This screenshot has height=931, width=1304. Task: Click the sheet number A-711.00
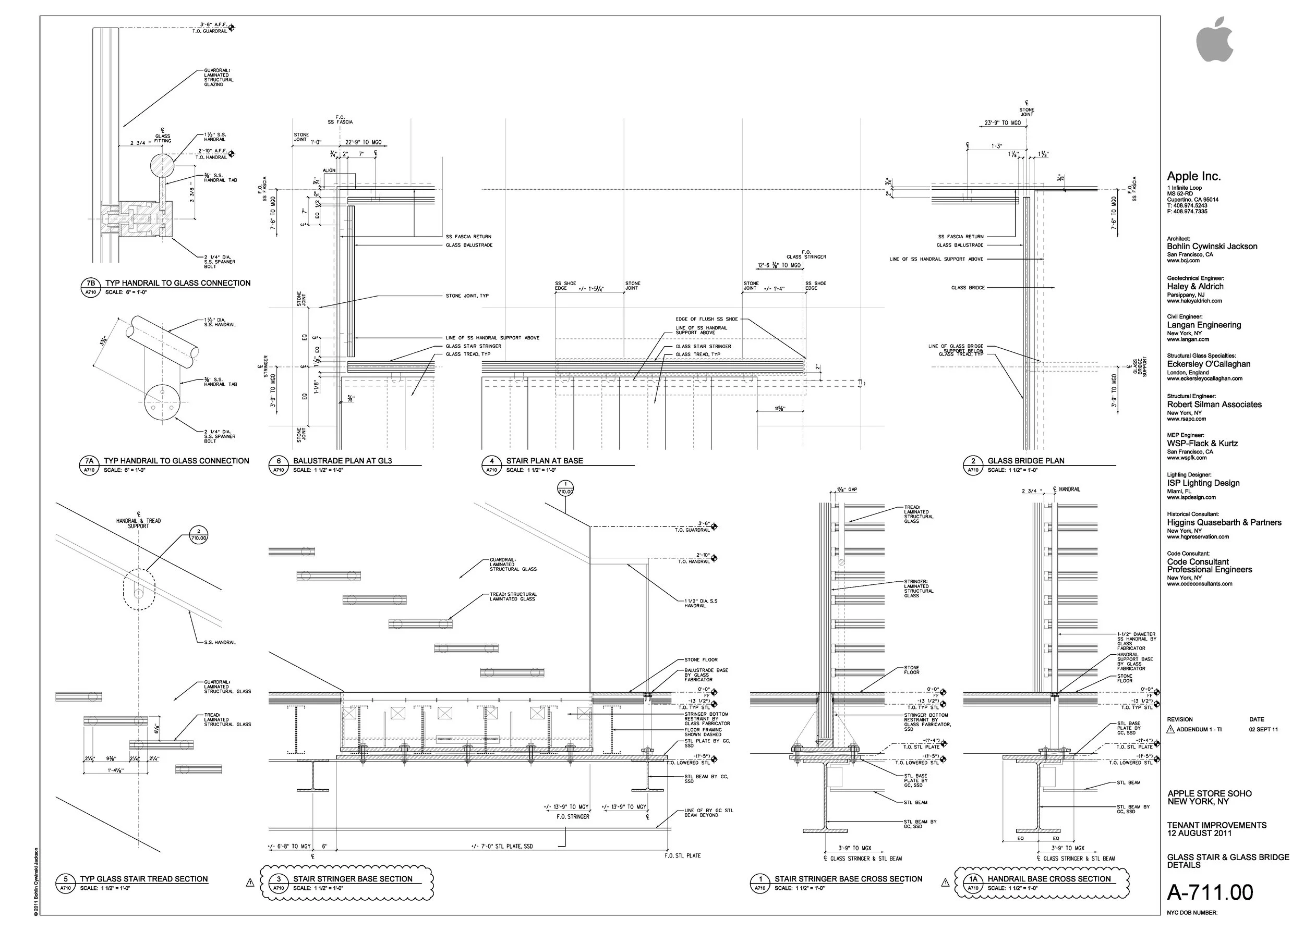click(1210, 892)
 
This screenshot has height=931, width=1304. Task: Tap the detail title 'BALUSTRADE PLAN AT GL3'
click(343, 461)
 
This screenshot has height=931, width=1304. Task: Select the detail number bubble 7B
click(90, 283)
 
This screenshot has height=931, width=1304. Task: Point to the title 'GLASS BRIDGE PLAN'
click(1026, 461)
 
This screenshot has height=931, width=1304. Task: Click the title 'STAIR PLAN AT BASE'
click(545, 461)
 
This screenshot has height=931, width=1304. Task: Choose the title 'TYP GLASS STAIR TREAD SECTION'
click(144, 879)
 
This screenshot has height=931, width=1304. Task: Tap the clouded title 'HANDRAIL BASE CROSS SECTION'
click(1049, 879)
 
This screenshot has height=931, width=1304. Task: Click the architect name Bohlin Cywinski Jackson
click(1212, 247)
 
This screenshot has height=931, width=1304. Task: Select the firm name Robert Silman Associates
click(1214, 405)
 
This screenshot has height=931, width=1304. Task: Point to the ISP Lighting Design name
click(1203, 483)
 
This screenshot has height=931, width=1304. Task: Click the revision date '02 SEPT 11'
click(1263, 729)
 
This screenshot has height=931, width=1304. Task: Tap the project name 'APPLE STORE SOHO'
click(1210, 793)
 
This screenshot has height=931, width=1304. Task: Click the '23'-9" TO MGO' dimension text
click(1003, 123)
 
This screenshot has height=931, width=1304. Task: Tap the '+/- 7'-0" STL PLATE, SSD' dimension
click(502, 846)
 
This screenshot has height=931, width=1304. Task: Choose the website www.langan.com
click(1188, 339)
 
